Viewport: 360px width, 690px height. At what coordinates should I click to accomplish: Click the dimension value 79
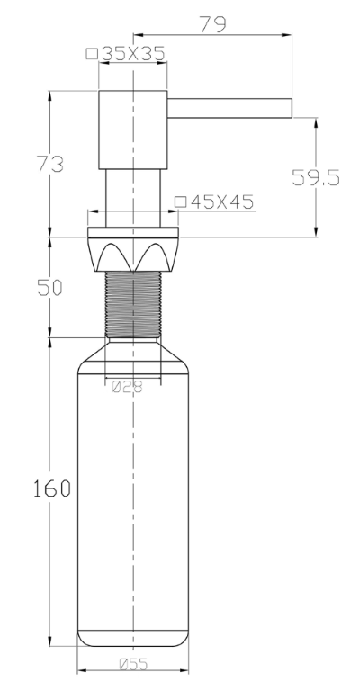[x=213, y=24]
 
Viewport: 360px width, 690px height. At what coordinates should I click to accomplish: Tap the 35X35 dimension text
[x=133, y=54]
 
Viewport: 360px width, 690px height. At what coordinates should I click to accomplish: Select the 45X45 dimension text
[x=222, y=202]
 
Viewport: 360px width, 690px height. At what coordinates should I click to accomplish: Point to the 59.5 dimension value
[x=316, y=177]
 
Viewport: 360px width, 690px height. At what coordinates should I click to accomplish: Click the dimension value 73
[x=49, y=164]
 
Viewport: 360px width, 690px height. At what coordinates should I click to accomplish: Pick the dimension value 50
[x=49, y=288]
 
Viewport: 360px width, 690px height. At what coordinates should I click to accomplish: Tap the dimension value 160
[x=52, y=488]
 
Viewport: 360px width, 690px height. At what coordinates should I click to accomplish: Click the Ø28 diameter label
[x=128, y=387]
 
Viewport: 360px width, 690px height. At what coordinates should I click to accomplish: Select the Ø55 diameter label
[x=134, y=664]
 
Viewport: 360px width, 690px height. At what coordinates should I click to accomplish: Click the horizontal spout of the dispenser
[x=229, y=108]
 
